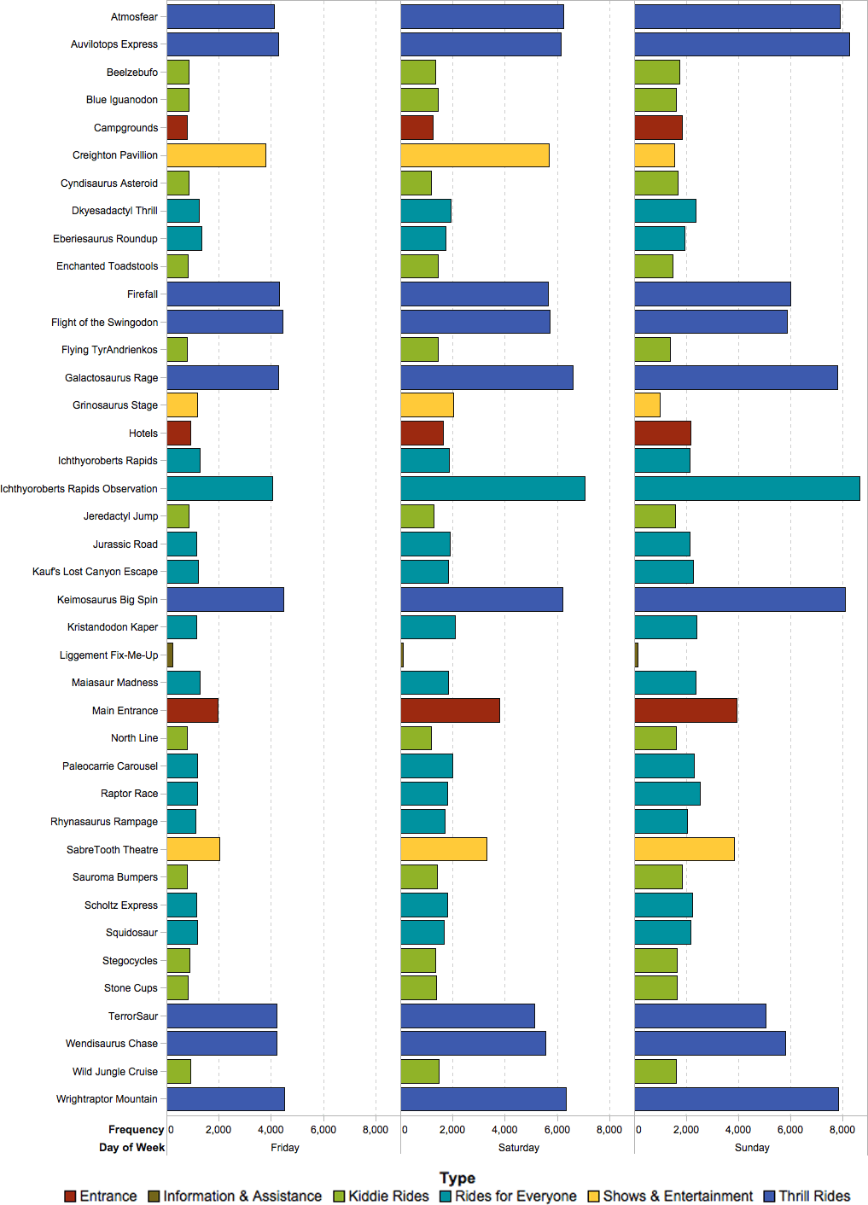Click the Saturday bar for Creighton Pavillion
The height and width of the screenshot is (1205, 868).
475,155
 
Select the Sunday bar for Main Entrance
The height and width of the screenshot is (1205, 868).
685,710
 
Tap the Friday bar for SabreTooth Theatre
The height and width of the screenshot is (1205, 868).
193,849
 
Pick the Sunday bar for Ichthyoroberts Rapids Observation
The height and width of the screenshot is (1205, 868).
747,488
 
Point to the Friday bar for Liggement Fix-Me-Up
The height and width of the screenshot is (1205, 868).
170,655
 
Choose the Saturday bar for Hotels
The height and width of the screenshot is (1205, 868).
422,433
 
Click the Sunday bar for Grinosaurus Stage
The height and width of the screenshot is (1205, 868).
647,405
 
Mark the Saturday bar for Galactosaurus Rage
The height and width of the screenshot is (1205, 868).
486,377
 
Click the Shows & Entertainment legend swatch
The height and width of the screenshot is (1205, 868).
594,1196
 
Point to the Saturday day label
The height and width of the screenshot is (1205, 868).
519,1148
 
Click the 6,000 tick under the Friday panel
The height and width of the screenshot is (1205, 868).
323,1129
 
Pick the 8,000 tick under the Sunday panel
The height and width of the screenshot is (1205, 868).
842,1129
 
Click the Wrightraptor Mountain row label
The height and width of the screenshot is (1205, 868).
107,1098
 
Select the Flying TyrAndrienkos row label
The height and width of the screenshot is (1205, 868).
109,350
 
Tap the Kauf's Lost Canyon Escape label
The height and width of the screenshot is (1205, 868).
95,572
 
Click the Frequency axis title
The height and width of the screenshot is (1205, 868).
136,1129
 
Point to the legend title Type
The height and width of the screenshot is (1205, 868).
457,1178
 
